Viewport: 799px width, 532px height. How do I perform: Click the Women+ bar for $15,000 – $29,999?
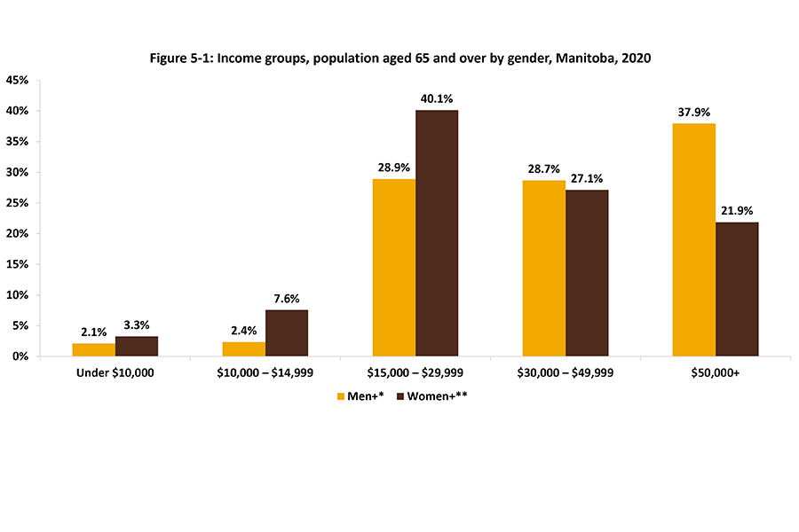pos(437,233)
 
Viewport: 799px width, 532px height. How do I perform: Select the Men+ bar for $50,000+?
pos(694,239)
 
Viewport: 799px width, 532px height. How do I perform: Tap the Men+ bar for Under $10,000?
pos(94,349)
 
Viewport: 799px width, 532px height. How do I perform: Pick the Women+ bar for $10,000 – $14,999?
pos(287,332)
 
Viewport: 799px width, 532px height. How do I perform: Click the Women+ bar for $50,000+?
pos(737,289)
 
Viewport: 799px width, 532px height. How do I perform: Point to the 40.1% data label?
pos(438,98)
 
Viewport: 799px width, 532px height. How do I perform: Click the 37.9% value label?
pos(694,112)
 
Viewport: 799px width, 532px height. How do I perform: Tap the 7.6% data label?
pos(287,298)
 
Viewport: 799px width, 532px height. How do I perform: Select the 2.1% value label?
pos(94,332)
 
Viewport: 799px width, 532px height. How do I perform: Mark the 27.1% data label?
pos(588,178)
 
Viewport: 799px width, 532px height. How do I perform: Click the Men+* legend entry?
pos(359,396)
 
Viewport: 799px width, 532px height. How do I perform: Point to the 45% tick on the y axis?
pos(18,81)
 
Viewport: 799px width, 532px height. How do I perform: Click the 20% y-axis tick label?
pos(18,234)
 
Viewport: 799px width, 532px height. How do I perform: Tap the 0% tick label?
pos(20,356)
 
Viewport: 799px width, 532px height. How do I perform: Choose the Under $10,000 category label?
pos(115,373)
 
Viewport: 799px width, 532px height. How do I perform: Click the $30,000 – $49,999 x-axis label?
pos(566,373)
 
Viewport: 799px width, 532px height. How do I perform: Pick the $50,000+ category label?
pos(716,373)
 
